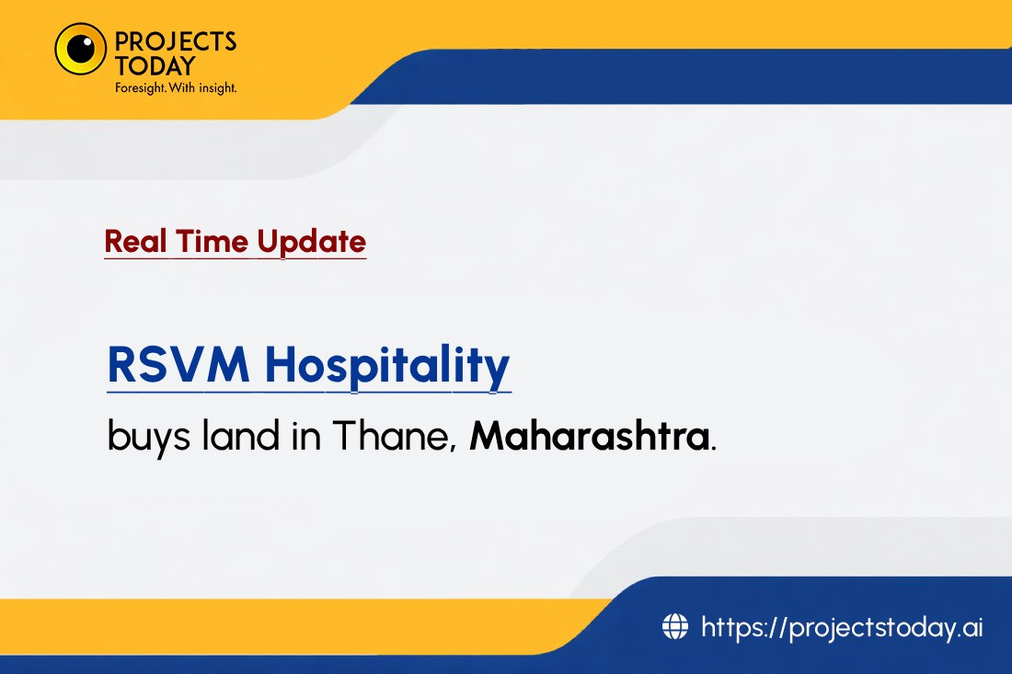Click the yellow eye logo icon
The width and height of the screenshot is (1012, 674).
[x=80, y=49]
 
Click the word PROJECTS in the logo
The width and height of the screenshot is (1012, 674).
[x=176, y=41]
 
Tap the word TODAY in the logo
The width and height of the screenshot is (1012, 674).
[x=155, y=66]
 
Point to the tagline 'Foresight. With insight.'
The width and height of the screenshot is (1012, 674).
[x=176, y=88]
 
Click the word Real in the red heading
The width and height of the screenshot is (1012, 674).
[x=126, y=242]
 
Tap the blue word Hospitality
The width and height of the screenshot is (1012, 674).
[x=386, y=365]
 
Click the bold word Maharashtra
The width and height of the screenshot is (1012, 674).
[x=589, y=436]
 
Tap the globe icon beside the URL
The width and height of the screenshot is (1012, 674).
[x=675, y=627]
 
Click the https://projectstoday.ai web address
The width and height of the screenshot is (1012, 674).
[x=842, y=627]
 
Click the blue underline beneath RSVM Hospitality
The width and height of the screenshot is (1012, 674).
[x=309, y=393]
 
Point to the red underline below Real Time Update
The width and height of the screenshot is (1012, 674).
[x=235, y=259]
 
